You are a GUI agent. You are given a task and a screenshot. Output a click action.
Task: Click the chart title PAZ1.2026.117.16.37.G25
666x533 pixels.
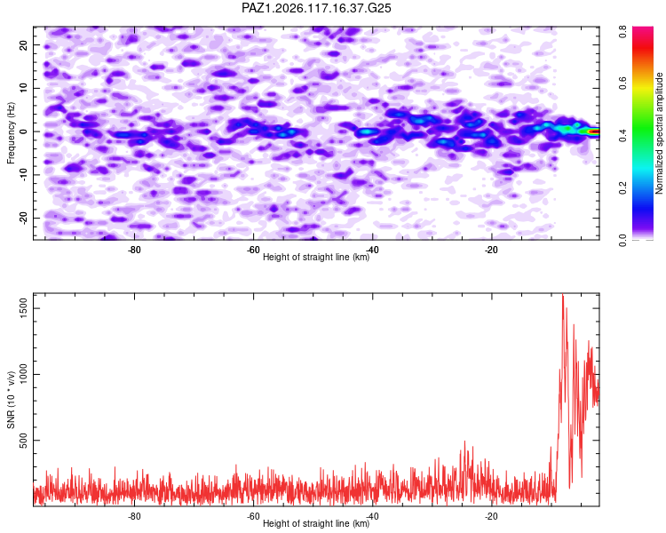(316, 8)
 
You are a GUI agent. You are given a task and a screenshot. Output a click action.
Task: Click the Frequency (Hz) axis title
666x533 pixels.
(11, 133)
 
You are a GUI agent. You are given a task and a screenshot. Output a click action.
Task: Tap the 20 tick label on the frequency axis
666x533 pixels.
(23, 44)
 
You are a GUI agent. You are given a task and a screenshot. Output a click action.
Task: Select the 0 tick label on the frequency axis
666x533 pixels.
(23, 131)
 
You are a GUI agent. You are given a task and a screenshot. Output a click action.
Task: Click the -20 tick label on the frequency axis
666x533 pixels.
(23, 217)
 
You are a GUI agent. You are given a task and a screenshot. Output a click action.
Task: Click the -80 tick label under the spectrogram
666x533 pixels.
(134, 250)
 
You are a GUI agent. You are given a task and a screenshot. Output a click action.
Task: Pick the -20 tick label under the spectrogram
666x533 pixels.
(491, 250)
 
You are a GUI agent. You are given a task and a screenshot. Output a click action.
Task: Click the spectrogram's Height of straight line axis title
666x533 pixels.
(316, 257)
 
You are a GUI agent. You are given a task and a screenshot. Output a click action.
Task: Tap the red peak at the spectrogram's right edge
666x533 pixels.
(595, 131)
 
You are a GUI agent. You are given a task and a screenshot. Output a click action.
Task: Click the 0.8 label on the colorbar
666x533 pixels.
(622, 31)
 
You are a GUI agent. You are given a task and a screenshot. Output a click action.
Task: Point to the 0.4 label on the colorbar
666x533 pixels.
(622, 136)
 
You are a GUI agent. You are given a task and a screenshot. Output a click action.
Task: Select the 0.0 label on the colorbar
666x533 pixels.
(622, 240)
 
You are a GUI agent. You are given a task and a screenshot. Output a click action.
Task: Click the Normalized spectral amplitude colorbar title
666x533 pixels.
(659, 133)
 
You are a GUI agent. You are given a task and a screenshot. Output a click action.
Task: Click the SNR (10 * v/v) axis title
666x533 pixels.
(11, 400)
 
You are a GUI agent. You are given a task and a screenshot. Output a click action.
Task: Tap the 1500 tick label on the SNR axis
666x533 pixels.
(23, 308)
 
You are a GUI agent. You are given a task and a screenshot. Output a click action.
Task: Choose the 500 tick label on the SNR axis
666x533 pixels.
(23, 440)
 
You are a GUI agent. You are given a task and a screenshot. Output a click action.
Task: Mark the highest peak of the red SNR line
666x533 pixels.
(563, 295)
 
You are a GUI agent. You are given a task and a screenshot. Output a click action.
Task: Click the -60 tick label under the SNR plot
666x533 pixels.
(253, 516)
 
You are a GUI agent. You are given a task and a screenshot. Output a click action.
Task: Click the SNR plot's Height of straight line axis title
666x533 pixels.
(316, 523)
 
